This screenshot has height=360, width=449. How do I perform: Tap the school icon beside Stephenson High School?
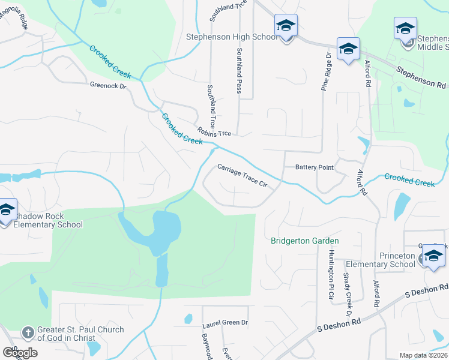[x=286, y=26]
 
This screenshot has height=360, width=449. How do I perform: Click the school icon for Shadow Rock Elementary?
[x=6, y=211]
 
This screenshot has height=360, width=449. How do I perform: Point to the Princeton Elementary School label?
[x=397, y=260]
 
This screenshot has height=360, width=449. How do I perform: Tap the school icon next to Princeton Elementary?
[x=433, y=256]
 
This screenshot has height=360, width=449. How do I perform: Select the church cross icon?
[x=28, y=332]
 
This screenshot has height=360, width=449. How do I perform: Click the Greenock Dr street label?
[x=109, y=86]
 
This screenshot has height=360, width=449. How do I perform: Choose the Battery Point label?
[x=314, y=167]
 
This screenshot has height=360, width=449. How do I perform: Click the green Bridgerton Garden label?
[x=305, y=241]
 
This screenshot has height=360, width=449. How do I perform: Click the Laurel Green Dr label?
[x=225, y=323]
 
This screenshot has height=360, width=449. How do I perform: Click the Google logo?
[x=19, y=353]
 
